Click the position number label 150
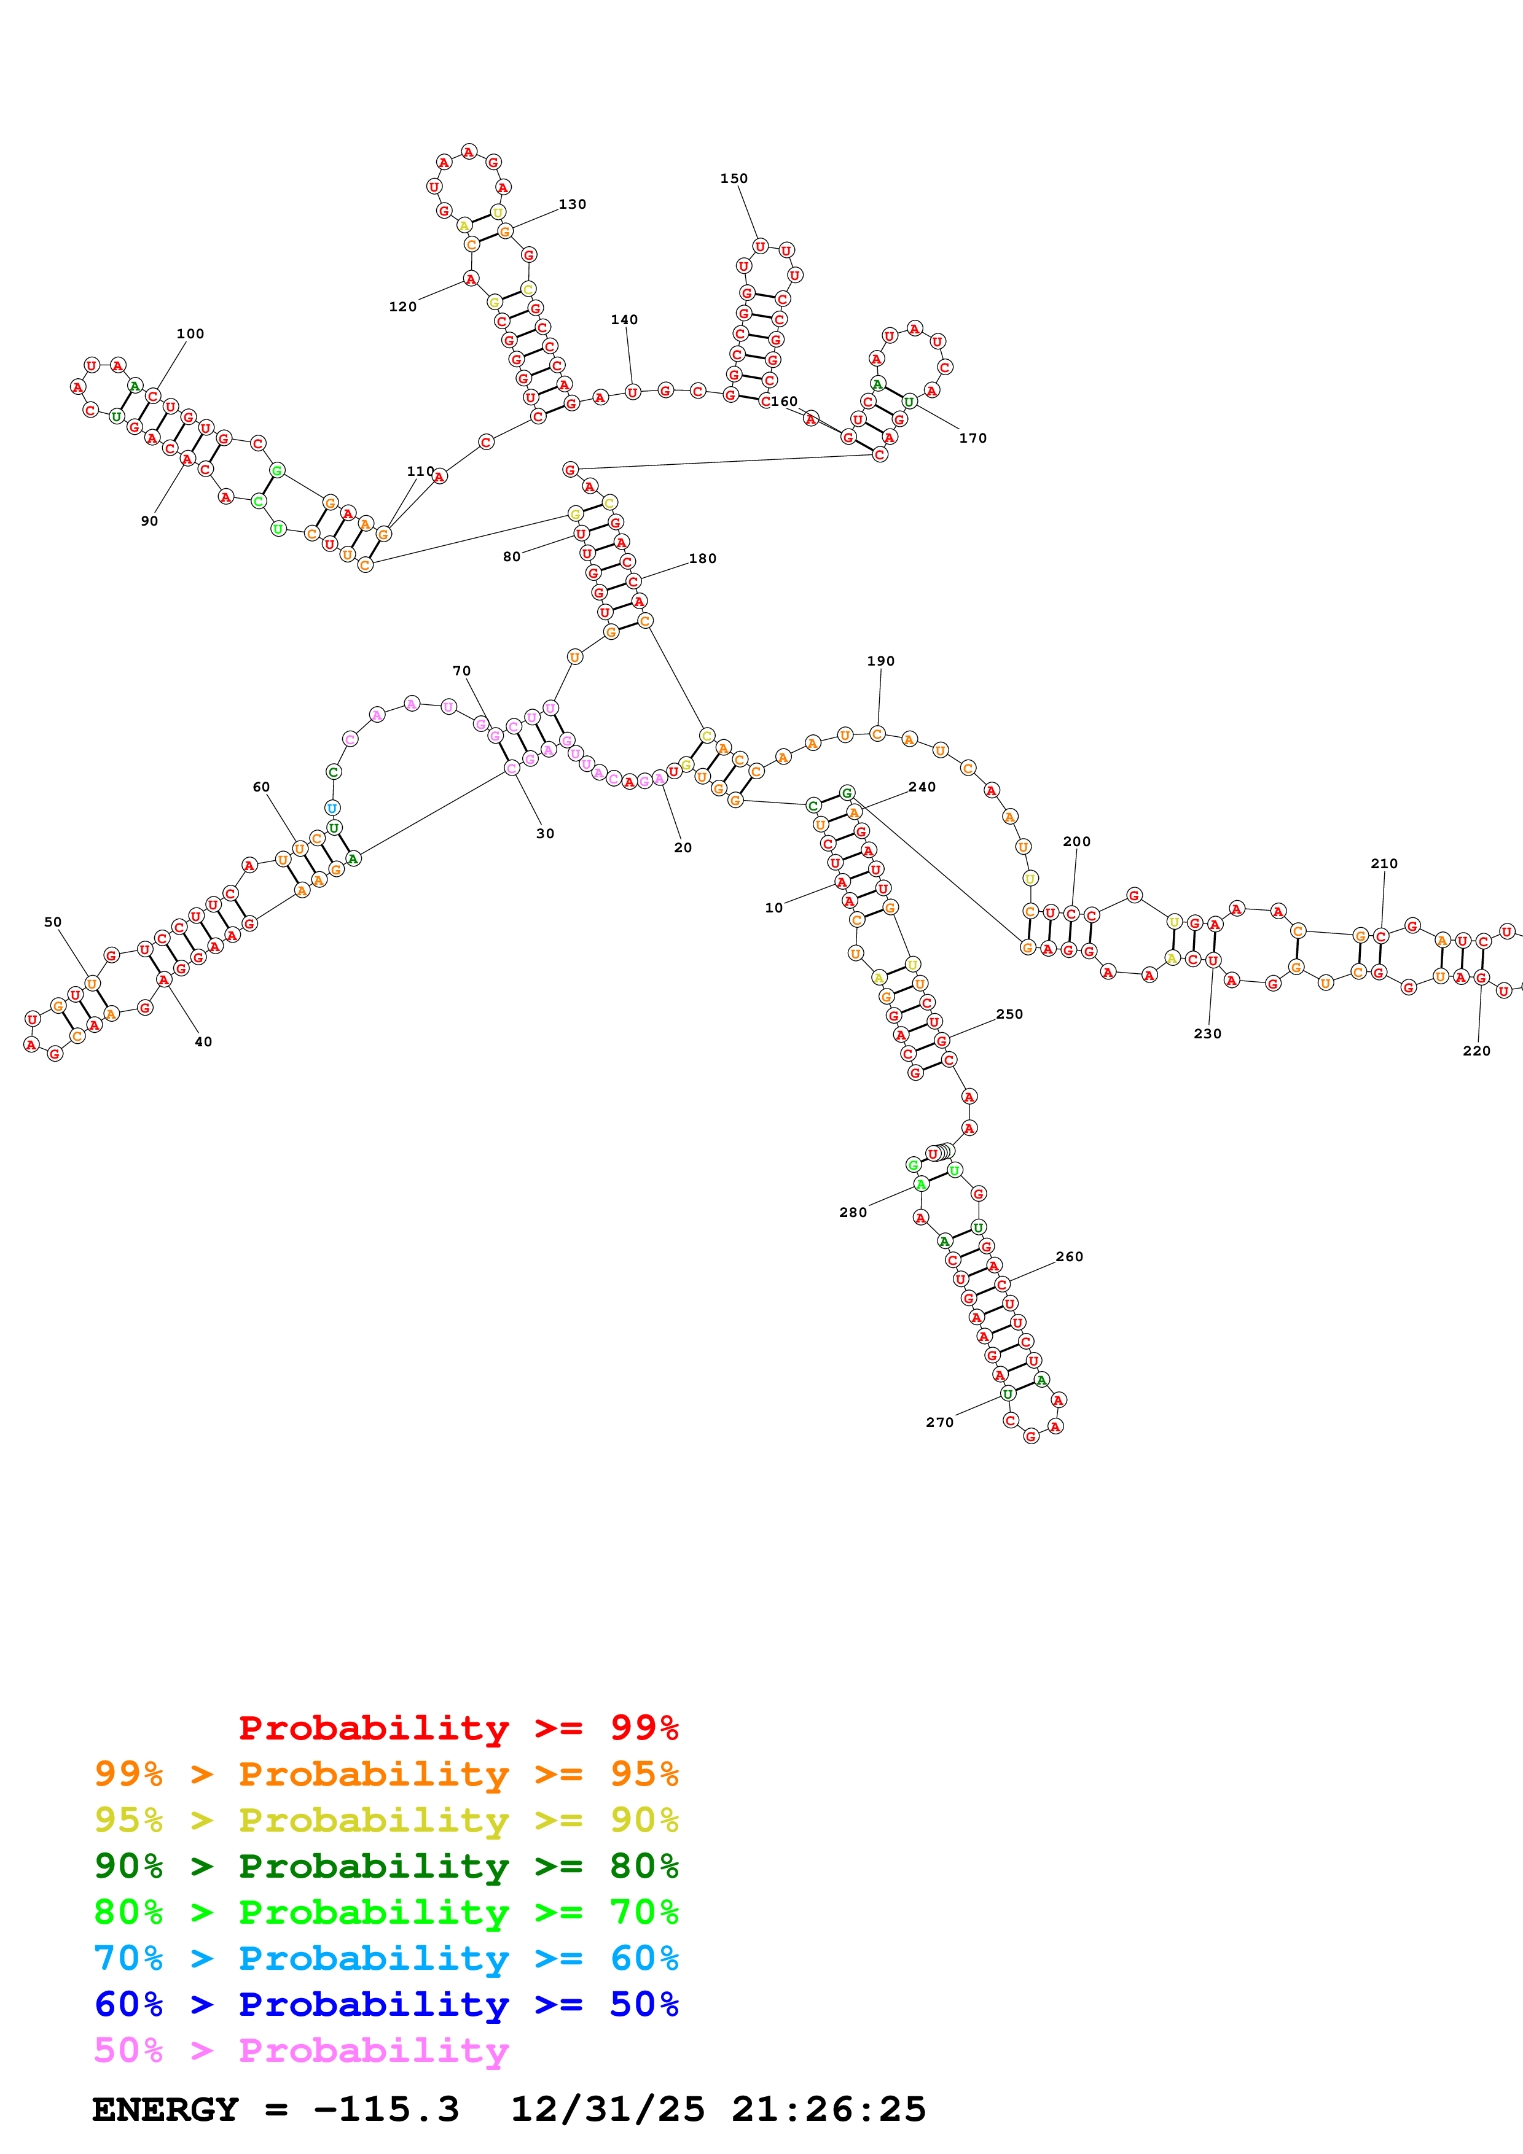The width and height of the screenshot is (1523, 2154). tap(734, 178)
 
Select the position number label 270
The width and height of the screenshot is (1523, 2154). tap(939, 1422)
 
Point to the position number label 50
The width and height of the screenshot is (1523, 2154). tap(53, 922)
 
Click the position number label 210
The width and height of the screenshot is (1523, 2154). tap(1384, 863)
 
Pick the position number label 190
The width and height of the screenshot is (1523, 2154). tap(880, 661)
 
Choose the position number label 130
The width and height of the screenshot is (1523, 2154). tap(573, 204)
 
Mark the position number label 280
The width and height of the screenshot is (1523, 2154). tap(853, 1212)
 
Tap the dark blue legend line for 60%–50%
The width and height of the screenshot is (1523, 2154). tap(386, 2004)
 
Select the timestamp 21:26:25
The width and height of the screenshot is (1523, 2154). tap(829, 2109)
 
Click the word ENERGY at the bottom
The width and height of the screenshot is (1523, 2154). tap(165, 2109)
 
